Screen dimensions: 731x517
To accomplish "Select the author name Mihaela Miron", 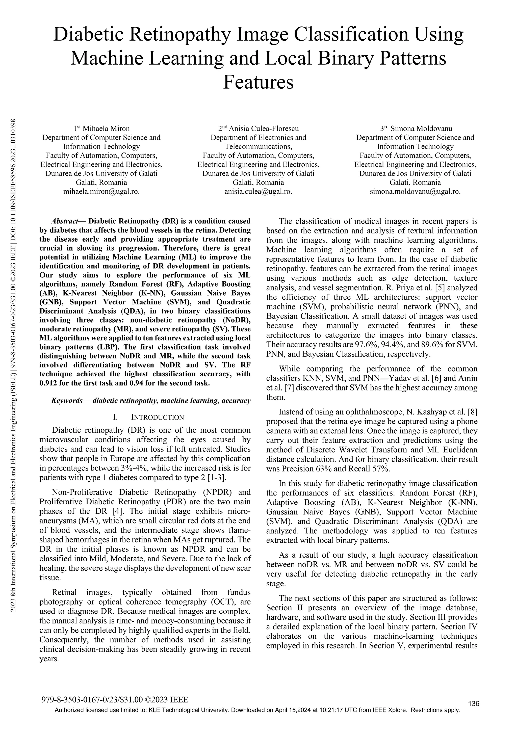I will (106, 129).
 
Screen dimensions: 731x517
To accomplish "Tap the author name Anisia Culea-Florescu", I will (264, 129).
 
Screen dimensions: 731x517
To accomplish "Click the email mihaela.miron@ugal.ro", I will (101, 192).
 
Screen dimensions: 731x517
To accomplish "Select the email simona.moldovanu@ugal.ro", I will (415, 192).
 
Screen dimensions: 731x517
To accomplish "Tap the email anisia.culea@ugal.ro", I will (258, 192).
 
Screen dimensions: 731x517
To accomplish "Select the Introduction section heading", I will (157, 417).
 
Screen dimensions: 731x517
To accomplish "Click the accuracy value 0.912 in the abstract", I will (47, 383).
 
